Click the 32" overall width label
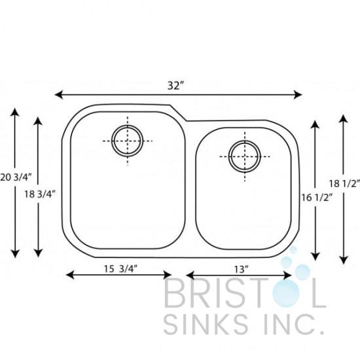(176, 86)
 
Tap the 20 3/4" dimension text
(15, 177)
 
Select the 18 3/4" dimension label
(40, 194)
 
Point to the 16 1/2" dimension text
(317, 197)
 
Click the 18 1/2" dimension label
(344, 183)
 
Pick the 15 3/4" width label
(121, 268)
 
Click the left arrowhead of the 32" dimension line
(58, 94)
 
